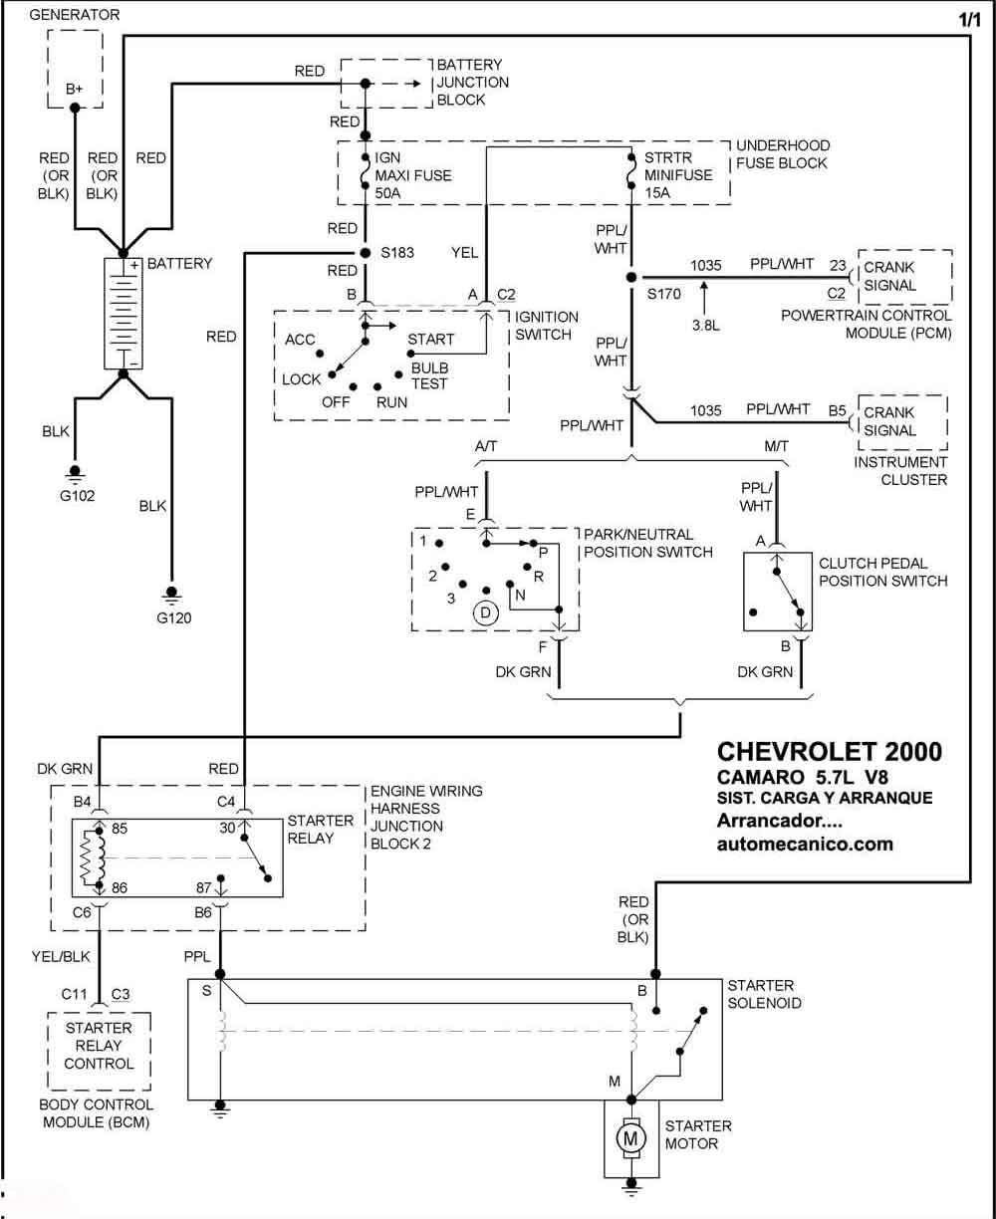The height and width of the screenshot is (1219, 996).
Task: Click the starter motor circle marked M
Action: point(630,1139)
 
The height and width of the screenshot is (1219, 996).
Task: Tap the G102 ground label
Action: point(77,495)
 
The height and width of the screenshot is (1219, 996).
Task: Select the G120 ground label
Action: point(173,617)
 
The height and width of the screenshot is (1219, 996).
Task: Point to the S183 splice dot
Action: point(366,253)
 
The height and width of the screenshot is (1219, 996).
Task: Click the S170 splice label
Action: point(663,294)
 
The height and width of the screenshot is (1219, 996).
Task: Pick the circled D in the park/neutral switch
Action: point(485,613)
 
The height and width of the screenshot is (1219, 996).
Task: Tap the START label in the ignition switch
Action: point(430,340)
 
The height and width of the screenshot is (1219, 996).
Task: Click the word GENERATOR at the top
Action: point(75,15)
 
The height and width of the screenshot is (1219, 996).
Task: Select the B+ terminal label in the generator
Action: point(74,89)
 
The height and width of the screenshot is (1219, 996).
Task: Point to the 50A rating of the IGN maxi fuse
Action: point(387,193)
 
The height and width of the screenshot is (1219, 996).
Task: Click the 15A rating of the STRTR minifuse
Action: point(657,193)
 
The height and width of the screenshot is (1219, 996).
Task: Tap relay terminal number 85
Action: point(120,829)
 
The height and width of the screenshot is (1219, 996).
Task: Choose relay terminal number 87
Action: point(203,887)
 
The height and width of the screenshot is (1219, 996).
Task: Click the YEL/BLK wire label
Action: point(61,957)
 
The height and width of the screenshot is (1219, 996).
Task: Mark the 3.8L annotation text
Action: point(706,326)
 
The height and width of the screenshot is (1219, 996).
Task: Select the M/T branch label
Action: point(776,446)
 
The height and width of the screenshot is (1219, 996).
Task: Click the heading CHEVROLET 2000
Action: point(830,752)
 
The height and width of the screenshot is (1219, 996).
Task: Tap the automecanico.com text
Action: point(805,845)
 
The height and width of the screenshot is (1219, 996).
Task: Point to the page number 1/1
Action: point(970,20)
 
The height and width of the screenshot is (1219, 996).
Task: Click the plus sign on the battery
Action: point(134,265)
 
